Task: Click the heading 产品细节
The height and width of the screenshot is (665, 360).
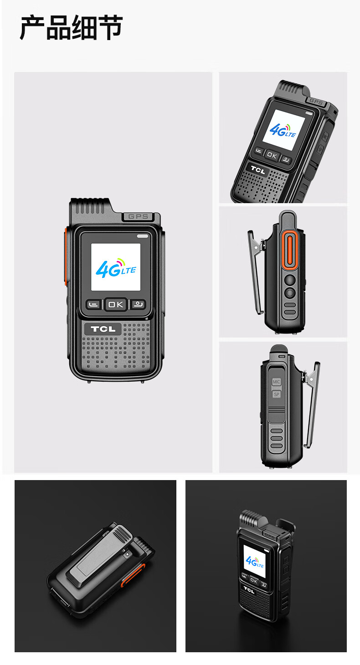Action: [x=71, y=28]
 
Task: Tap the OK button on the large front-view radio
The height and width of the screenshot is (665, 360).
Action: [x=116, y=304]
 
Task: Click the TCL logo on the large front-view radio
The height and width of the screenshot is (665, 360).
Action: [x=103, y=329]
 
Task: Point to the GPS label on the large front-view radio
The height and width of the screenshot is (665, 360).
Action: [x=138, y=216]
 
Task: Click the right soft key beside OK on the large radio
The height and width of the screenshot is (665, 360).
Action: [x=138, y=304]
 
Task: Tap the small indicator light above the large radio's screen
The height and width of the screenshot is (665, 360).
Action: [x=142, y=236]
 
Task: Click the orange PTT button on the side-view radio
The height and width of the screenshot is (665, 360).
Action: [x=289, y=251]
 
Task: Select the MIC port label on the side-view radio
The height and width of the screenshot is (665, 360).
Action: [x=276, y=382]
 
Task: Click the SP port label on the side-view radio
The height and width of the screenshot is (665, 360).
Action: [x=277, y=394]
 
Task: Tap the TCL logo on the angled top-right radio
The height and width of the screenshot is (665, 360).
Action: [x=258, y=170]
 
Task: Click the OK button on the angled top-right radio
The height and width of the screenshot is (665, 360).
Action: [x=272, y=155]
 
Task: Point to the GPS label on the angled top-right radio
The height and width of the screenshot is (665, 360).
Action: [x=316, y=102]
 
